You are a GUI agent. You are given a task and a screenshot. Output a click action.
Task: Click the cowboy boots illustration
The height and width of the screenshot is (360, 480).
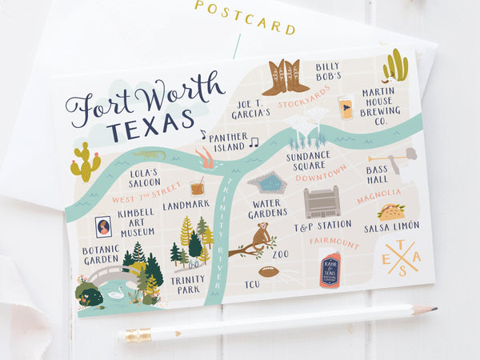(285, 77)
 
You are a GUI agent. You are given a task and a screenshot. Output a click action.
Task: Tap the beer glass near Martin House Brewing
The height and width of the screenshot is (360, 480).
(345, 108)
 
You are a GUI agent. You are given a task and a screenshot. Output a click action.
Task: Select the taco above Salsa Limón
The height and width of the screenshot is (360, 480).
(391, 212)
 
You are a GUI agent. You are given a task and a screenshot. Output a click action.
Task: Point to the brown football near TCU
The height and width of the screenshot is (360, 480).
(269, 271)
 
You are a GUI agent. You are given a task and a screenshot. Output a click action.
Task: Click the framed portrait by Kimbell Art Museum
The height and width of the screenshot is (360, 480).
(103, 226)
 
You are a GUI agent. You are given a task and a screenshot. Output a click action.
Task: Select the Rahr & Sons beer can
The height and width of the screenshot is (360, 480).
(329, 270)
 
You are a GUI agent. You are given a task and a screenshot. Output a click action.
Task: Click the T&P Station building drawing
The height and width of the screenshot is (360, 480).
(321, 202)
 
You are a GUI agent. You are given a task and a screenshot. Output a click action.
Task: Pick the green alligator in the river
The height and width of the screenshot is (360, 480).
(150, 154)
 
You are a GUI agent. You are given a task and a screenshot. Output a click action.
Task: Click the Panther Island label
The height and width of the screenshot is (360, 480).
(228, 142)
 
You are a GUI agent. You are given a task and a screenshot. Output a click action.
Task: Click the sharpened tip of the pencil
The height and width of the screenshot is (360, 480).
(433, 309)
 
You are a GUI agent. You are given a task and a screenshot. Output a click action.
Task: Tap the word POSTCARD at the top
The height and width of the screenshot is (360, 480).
(245, 18)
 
